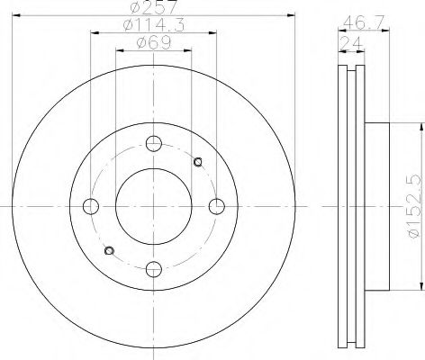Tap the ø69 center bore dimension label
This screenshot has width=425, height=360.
(153, 44)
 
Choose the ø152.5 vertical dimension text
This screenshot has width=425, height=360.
(413, 205)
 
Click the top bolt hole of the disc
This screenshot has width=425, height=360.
(154, 143)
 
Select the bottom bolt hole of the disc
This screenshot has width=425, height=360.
(154, 267)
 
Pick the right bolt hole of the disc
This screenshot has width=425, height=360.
(216, 205)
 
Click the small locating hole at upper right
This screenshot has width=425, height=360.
(198, 162)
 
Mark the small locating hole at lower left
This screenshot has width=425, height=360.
(110, 249)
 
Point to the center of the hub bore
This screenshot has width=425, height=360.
(154, 205)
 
